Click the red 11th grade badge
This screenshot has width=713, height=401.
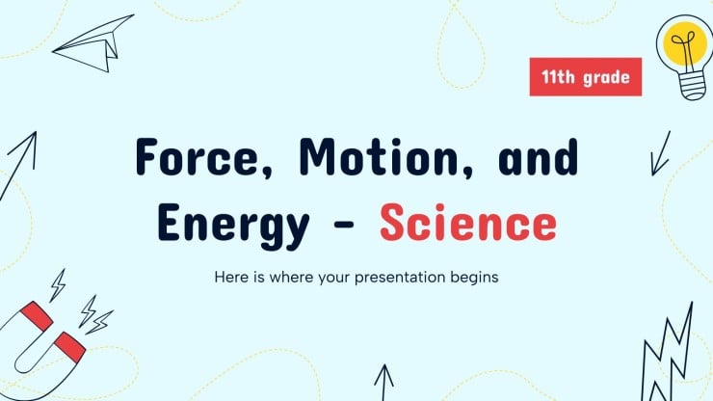[x=586, y=77]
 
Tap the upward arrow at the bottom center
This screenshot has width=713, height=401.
[x=384, y=381]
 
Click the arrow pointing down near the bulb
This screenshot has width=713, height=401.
[x=660, y=153]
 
